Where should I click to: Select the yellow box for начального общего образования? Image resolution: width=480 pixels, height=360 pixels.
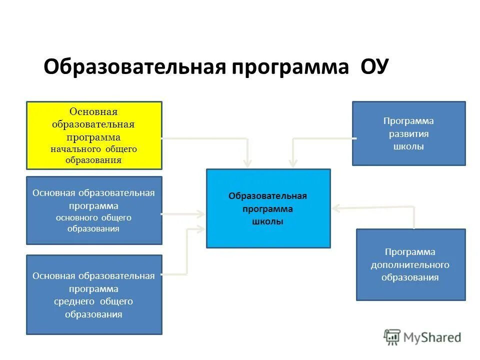(94, 135)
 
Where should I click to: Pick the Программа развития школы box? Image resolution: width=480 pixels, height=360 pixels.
(408, 133)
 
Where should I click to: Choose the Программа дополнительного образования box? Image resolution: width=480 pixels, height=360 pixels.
(410, 264)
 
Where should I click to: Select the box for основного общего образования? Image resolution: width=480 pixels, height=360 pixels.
(94, 210)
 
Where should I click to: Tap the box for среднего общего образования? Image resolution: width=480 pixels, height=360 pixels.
(94, 294)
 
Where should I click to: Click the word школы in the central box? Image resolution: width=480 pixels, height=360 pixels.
(268, 221)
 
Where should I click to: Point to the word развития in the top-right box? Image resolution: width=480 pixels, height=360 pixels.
(408, 134)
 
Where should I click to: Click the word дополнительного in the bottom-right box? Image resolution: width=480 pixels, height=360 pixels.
(410, 264)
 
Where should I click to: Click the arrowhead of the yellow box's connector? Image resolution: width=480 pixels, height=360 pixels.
(247, 163)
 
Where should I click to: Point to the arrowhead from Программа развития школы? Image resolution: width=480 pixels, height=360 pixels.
(293, 163)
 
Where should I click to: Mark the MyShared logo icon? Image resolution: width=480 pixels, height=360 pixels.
(392, 337)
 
